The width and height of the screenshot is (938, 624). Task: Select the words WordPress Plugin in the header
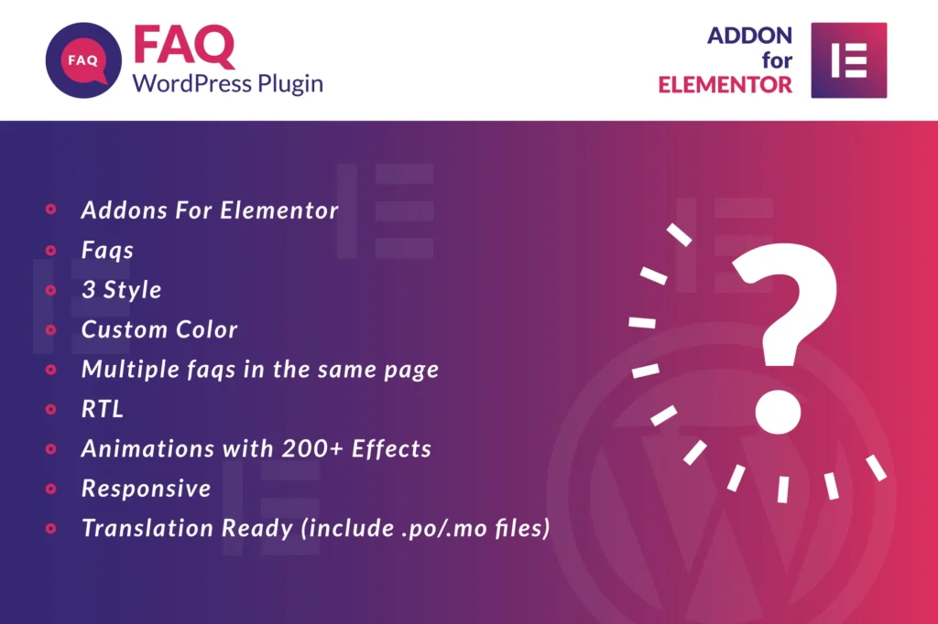pyautogui.click(x=228, y=84)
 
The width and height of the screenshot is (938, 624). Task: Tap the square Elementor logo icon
pyautogui.click(x=849, y=59)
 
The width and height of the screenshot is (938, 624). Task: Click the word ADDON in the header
pyautogui.click(x=749, y=37)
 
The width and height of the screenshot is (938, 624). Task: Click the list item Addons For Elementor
pyautogui.click(x=210, y=210)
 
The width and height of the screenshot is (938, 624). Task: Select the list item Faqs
pyautogui.click(x=107, y=251)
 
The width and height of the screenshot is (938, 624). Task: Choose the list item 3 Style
pyautogui.click(x=121, y=290)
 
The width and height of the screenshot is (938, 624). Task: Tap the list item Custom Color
pyautogui.click(x=159, y=329)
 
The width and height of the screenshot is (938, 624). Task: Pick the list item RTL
pyautogui.click(x=103, y=409)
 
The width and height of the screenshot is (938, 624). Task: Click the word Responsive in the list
pyautogui.click(x=147, y=489)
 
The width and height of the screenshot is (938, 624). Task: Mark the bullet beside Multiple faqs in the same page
pyautogui.click(x=51, y=370)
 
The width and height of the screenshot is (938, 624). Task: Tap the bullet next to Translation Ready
pyautogui.click(x=51, y=528)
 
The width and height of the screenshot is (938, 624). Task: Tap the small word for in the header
pyautogui.click(x=777, y=61)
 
